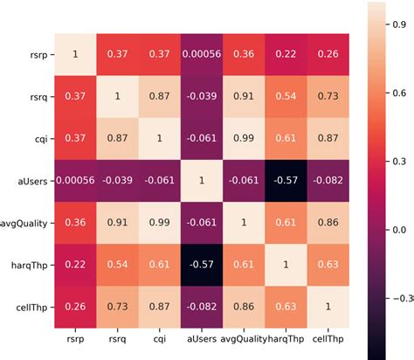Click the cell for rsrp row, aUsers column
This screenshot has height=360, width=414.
pos(200,54)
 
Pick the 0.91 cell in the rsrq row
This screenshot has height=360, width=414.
pos(242,96)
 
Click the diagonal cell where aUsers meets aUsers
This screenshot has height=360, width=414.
pos(200,181)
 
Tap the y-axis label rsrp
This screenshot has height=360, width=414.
pos(37,54)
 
